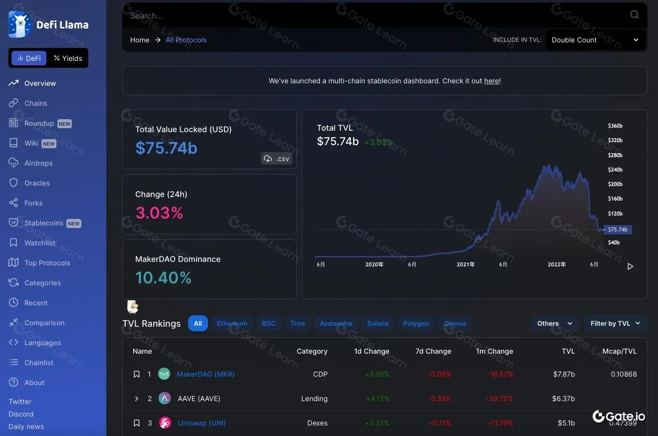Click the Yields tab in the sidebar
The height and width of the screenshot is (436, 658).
[x=68, y=58]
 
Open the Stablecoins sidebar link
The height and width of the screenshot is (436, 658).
[x=44, y=223]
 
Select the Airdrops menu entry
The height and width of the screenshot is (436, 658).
[x=38, y=163]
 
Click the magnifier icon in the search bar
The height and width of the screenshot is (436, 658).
[x=635, y=15]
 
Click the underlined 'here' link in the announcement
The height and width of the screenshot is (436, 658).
[x=491, y=81]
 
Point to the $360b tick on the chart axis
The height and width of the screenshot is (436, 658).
[x=615, y=126]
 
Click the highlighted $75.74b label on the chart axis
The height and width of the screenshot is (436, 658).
[x=618, y=229]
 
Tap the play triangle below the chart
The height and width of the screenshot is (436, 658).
[x=630, y=266]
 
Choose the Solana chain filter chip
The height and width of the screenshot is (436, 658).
[x=378, y=323]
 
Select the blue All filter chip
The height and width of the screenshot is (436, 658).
[x=198, y=323]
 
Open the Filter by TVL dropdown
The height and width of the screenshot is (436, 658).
[x=615, y=323]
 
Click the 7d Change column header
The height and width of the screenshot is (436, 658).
[x=433, y=351]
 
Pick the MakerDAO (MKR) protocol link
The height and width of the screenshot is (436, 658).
[x=206, y=374]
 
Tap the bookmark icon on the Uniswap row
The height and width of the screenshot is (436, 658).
[x=137, y=423]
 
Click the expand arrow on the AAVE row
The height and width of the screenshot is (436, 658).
[x=137, y=399]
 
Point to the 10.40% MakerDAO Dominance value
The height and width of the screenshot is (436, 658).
[x=163, y=278]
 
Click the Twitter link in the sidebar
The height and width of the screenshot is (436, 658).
[x=20, y=402]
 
